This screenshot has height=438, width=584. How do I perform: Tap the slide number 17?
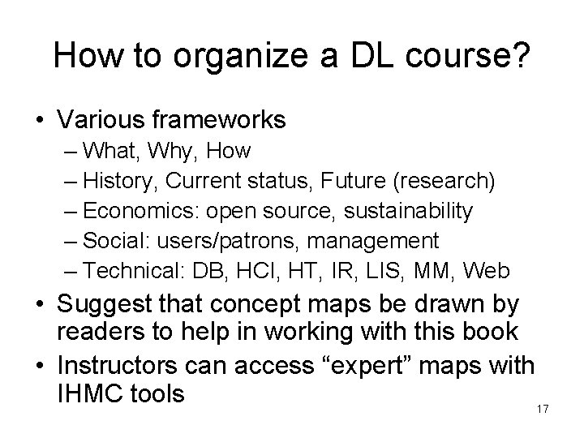(543, 408)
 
